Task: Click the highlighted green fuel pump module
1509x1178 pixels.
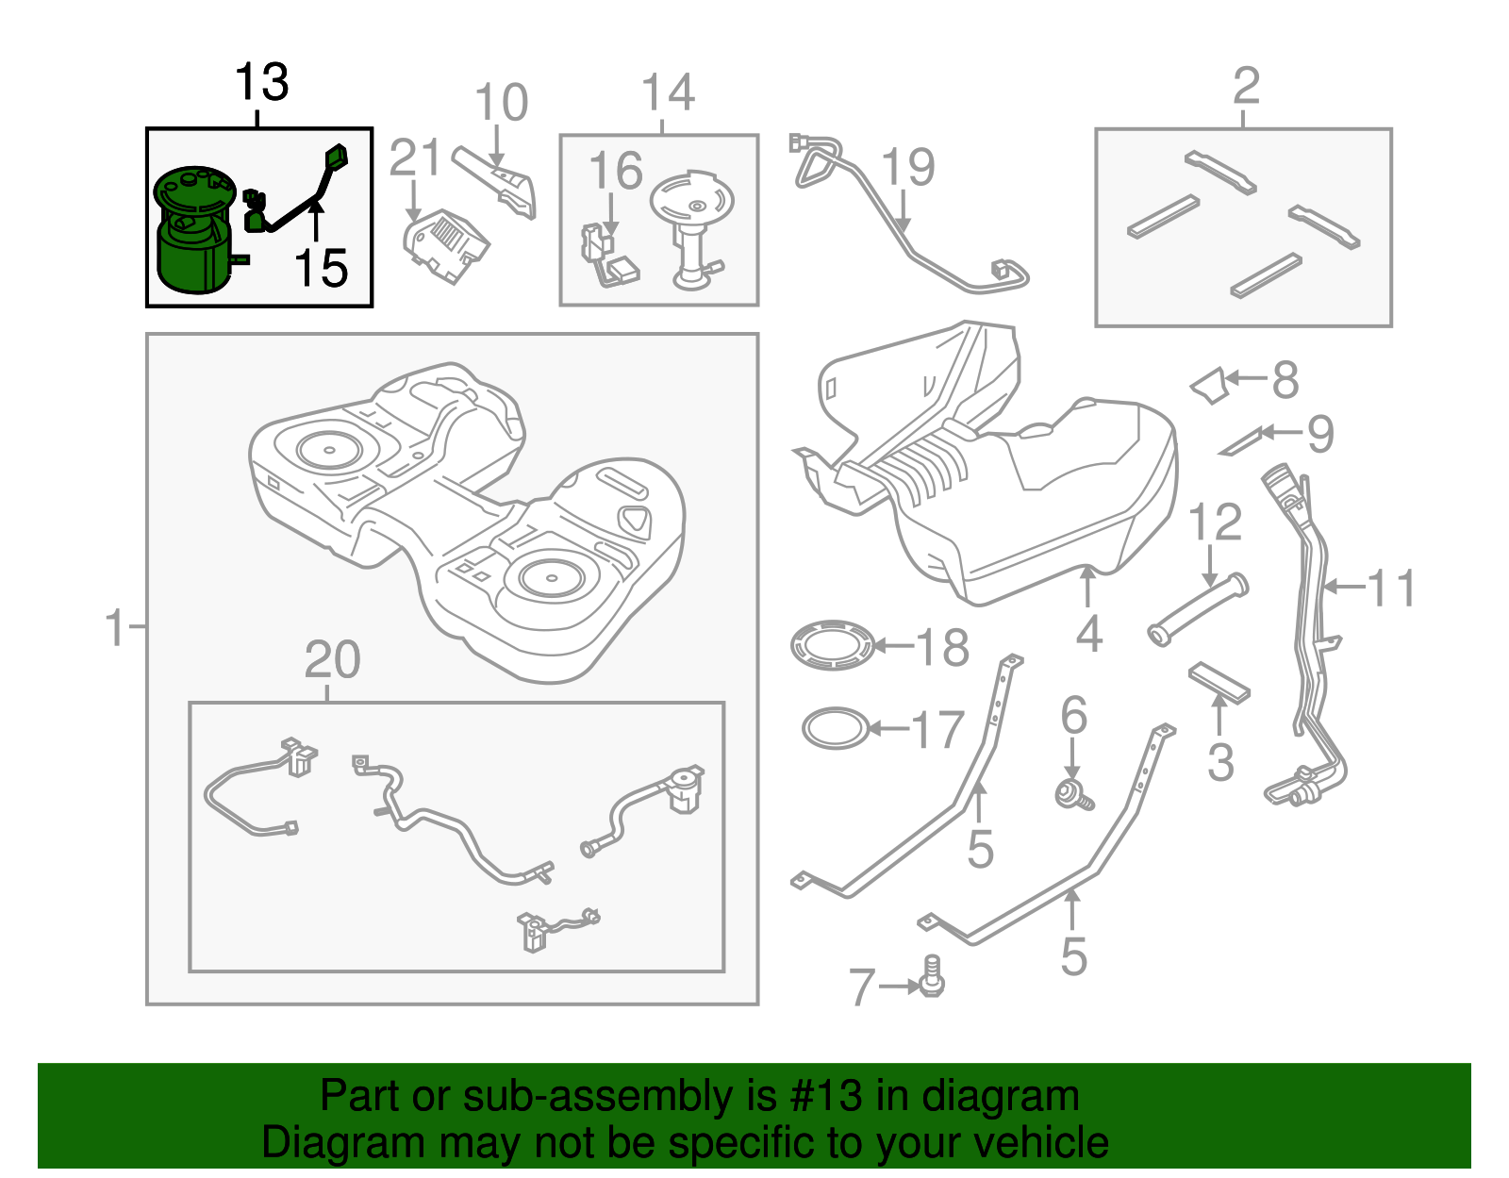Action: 193,231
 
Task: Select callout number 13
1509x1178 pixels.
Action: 261,83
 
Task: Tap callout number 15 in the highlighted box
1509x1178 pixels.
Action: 321,269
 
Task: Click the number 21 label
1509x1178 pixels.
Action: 415,158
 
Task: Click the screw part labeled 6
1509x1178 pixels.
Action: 1073,795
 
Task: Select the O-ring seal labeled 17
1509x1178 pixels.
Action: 835,728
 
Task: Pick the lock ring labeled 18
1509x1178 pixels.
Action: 833,646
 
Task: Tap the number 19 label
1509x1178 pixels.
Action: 908,168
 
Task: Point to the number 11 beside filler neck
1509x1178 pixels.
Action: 1390,589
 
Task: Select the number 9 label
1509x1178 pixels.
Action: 1319,434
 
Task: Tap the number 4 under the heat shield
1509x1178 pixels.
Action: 1088,634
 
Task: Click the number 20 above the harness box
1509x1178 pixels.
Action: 332,660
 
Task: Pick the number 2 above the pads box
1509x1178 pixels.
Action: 1246,87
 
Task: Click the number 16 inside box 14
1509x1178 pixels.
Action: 615,172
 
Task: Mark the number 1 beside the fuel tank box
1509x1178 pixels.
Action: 116,628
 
